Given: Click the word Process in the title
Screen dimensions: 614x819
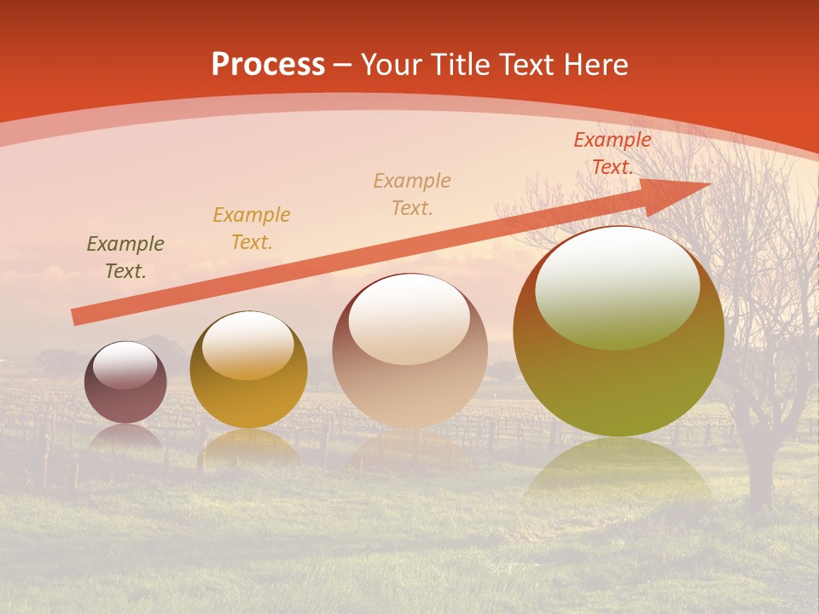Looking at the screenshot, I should pos(268,65).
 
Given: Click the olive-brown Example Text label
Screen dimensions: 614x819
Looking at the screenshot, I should pos(125,258).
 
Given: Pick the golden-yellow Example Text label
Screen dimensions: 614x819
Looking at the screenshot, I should pos(252,229).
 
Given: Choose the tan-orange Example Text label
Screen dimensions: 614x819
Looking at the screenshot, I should pos(412,194).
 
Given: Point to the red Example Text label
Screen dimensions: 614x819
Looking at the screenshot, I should pos(613,153).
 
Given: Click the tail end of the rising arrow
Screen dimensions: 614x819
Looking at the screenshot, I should pos(77,317).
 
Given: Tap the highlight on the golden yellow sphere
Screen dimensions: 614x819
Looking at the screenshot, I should pos(247,345).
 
